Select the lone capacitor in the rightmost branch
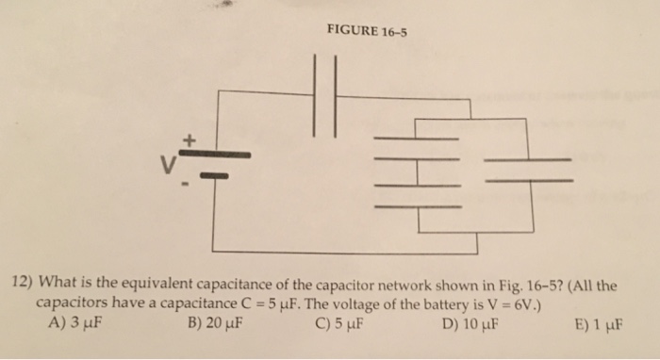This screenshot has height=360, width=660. (528, 169)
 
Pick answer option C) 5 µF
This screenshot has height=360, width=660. (340, 327)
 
